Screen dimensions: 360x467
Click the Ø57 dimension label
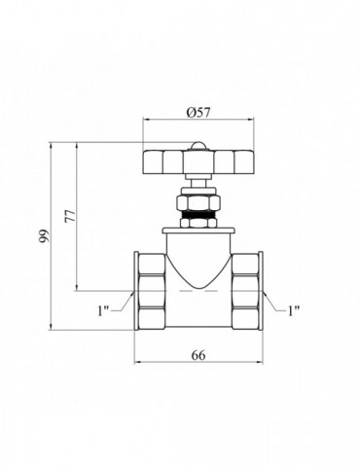(x=198, y=113)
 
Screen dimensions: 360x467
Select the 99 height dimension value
(x=44, y=235)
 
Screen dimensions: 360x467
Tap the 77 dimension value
(x=70, y=216)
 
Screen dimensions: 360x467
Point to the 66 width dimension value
(x=198, y=355)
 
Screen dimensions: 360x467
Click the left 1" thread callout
(x=103, y=310)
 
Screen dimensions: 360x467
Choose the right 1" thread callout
(x=294, y=310)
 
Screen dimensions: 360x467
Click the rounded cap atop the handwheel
(x=198, y=146)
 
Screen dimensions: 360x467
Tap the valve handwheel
(x=198, y=162)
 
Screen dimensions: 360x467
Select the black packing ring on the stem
(x=198, y=215)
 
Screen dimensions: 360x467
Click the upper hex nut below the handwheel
(x=198, y=203)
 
